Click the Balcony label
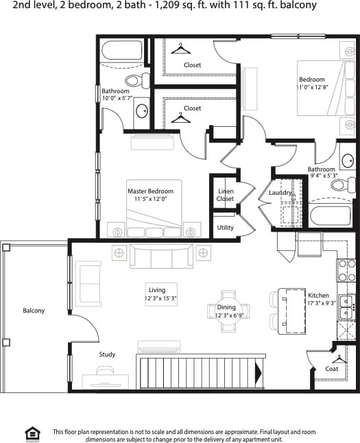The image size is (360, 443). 34,311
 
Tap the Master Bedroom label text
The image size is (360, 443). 150,191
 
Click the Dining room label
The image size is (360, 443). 226,307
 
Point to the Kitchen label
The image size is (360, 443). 317,296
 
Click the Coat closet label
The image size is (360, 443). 332,368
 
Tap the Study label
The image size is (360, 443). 106,355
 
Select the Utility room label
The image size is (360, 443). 225,228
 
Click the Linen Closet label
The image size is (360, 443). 225,195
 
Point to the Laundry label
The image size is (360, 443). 280,193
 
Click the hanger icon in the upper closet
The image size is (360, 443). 180,47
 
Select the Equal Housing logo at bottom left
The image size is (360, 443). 32,433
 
